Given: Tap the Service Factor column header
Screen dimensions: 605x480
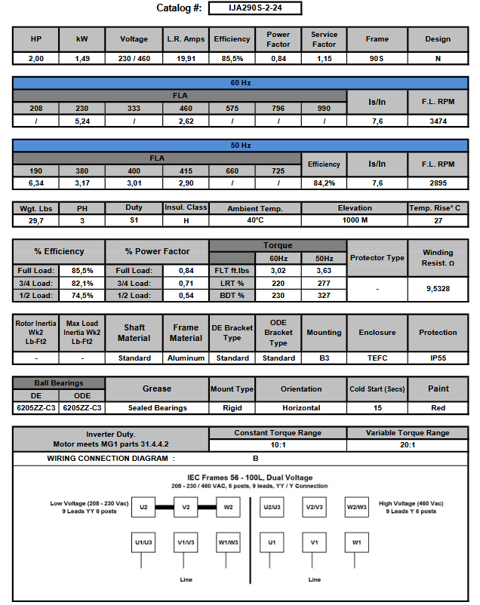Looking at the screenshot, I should tap(324, 39).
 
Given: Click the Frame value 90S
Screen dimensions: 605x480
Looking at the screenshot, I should tap(377, 58).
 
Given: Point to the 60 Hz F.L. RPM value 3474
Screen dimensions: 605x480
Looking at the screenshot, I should tap(438, 120).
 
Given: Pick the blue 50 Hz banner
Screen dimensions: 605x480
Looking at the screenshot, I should tap(241, 145).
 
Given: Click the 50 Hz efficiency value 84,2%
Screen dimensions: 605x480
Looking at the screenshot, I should tap(324, 183).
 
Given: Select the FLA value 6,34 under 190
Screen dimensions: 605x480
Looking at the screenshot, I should tap(35, 183).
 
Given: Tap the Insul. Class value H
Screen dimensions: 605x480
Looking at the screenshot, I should tap(185, 220).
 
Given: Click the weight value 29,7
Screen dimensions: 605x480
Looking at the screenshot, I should tap(35, 220).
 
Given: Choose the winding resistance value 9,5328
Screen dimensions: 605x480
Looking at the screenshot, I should tap(438, 288).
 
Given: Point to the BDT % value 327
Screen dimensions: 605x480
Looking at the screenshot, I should tap(324, 295).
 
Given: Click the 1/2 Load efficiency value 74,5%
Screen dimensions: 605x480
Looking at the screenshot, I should tap(82, 295).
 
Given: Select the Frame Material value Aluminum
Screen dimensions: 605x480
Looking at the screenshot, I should tap(186, 358).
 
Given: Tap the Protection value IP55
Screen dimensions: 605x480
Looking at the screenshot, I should tap(438, 358).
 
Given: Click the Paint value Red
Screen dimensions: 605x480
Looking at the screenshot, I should tap(438, 407).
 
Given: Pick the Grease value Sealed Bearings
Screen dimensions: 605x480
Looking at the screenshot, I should tap(157, 407).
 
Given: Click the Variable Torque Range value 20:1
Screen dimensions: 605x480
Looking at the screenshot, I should tap(408, 445).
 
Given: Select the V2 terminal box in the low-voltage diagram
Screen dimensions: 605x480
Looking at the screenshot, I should tap(186, 507).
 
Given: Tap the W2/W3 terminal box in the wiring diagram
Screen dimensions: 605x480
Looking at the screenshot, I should tap(356, 507).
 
